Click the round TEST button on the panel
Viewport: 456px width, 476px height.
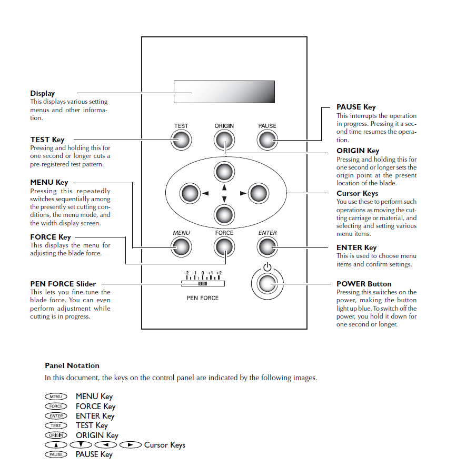click(x=181, y=140)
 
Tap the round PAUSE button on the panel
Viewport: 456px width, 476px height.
click(x=267, y=140)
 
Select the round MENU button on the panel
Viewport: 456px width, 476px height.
click(x=181, y=246)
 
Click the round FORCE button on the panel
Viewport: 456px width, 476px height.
click(x=224, y=246)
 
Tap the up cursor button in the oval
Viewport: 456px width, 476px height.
click(x=224, y=172)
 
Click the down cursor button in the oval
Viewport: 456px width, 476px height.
click(x=224, y=214)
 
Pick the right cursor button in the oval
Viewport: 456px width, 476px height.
click(x=259, y=193)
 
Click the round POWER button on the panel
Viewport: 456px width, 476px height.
click(x=267, y=284)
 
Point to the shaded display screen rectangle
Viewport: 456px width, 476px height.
click(x=224, y=92)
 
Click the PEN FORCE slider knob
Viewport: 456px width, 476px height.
click(x=203, y=283)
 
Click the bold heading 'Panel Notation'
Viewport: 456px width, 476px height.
click(x=72, y=365)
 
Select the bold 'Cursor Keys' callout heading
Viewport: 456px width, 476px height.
click(x=358, y=193)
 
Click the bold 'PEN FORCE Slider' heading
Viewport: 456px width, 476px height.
click(x=63, y=284)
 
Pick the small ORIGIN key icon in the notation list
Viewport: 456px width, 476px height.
click(x=56, y=435)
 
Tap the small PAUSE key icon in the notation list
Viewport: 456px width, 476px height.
click(x=56, y=454)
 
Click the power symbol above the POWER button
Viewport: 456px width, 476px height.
click(x=267, y=267)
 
